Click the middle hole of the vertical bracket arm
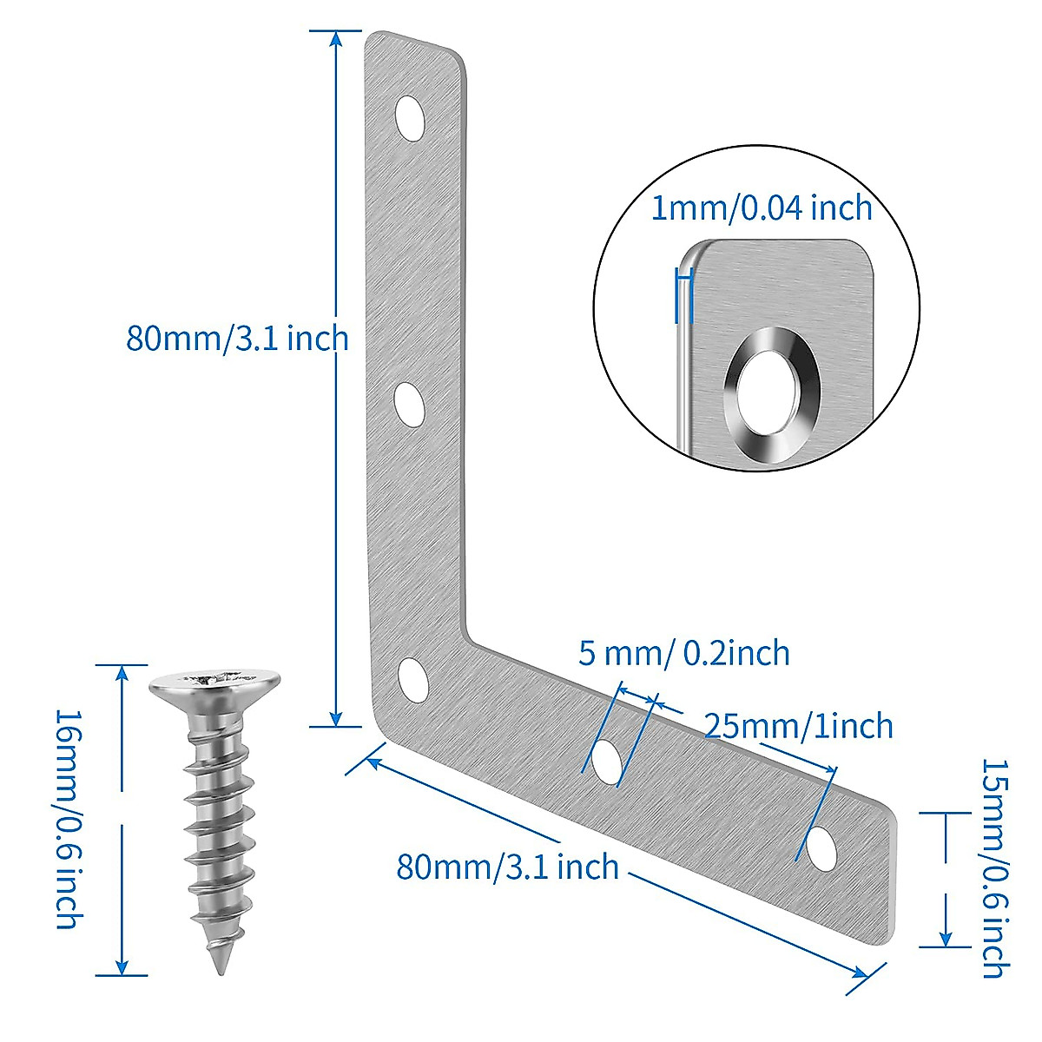[409, 404]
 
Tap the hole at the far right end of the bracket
[819, 845]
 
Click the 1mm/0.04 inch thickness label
[762, 208]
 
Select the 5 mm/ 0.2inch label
[684, 653]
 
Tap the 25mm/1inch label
[798, 725]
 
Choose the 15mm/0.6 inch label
[993, 868]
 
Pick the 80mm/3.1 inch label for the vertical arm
[237, 338]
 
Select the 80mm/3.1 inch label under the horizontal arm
[507, 867]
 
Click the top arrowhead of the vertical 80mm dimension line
[336, 40]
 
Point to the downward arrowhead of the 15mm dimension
[946, 937]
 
